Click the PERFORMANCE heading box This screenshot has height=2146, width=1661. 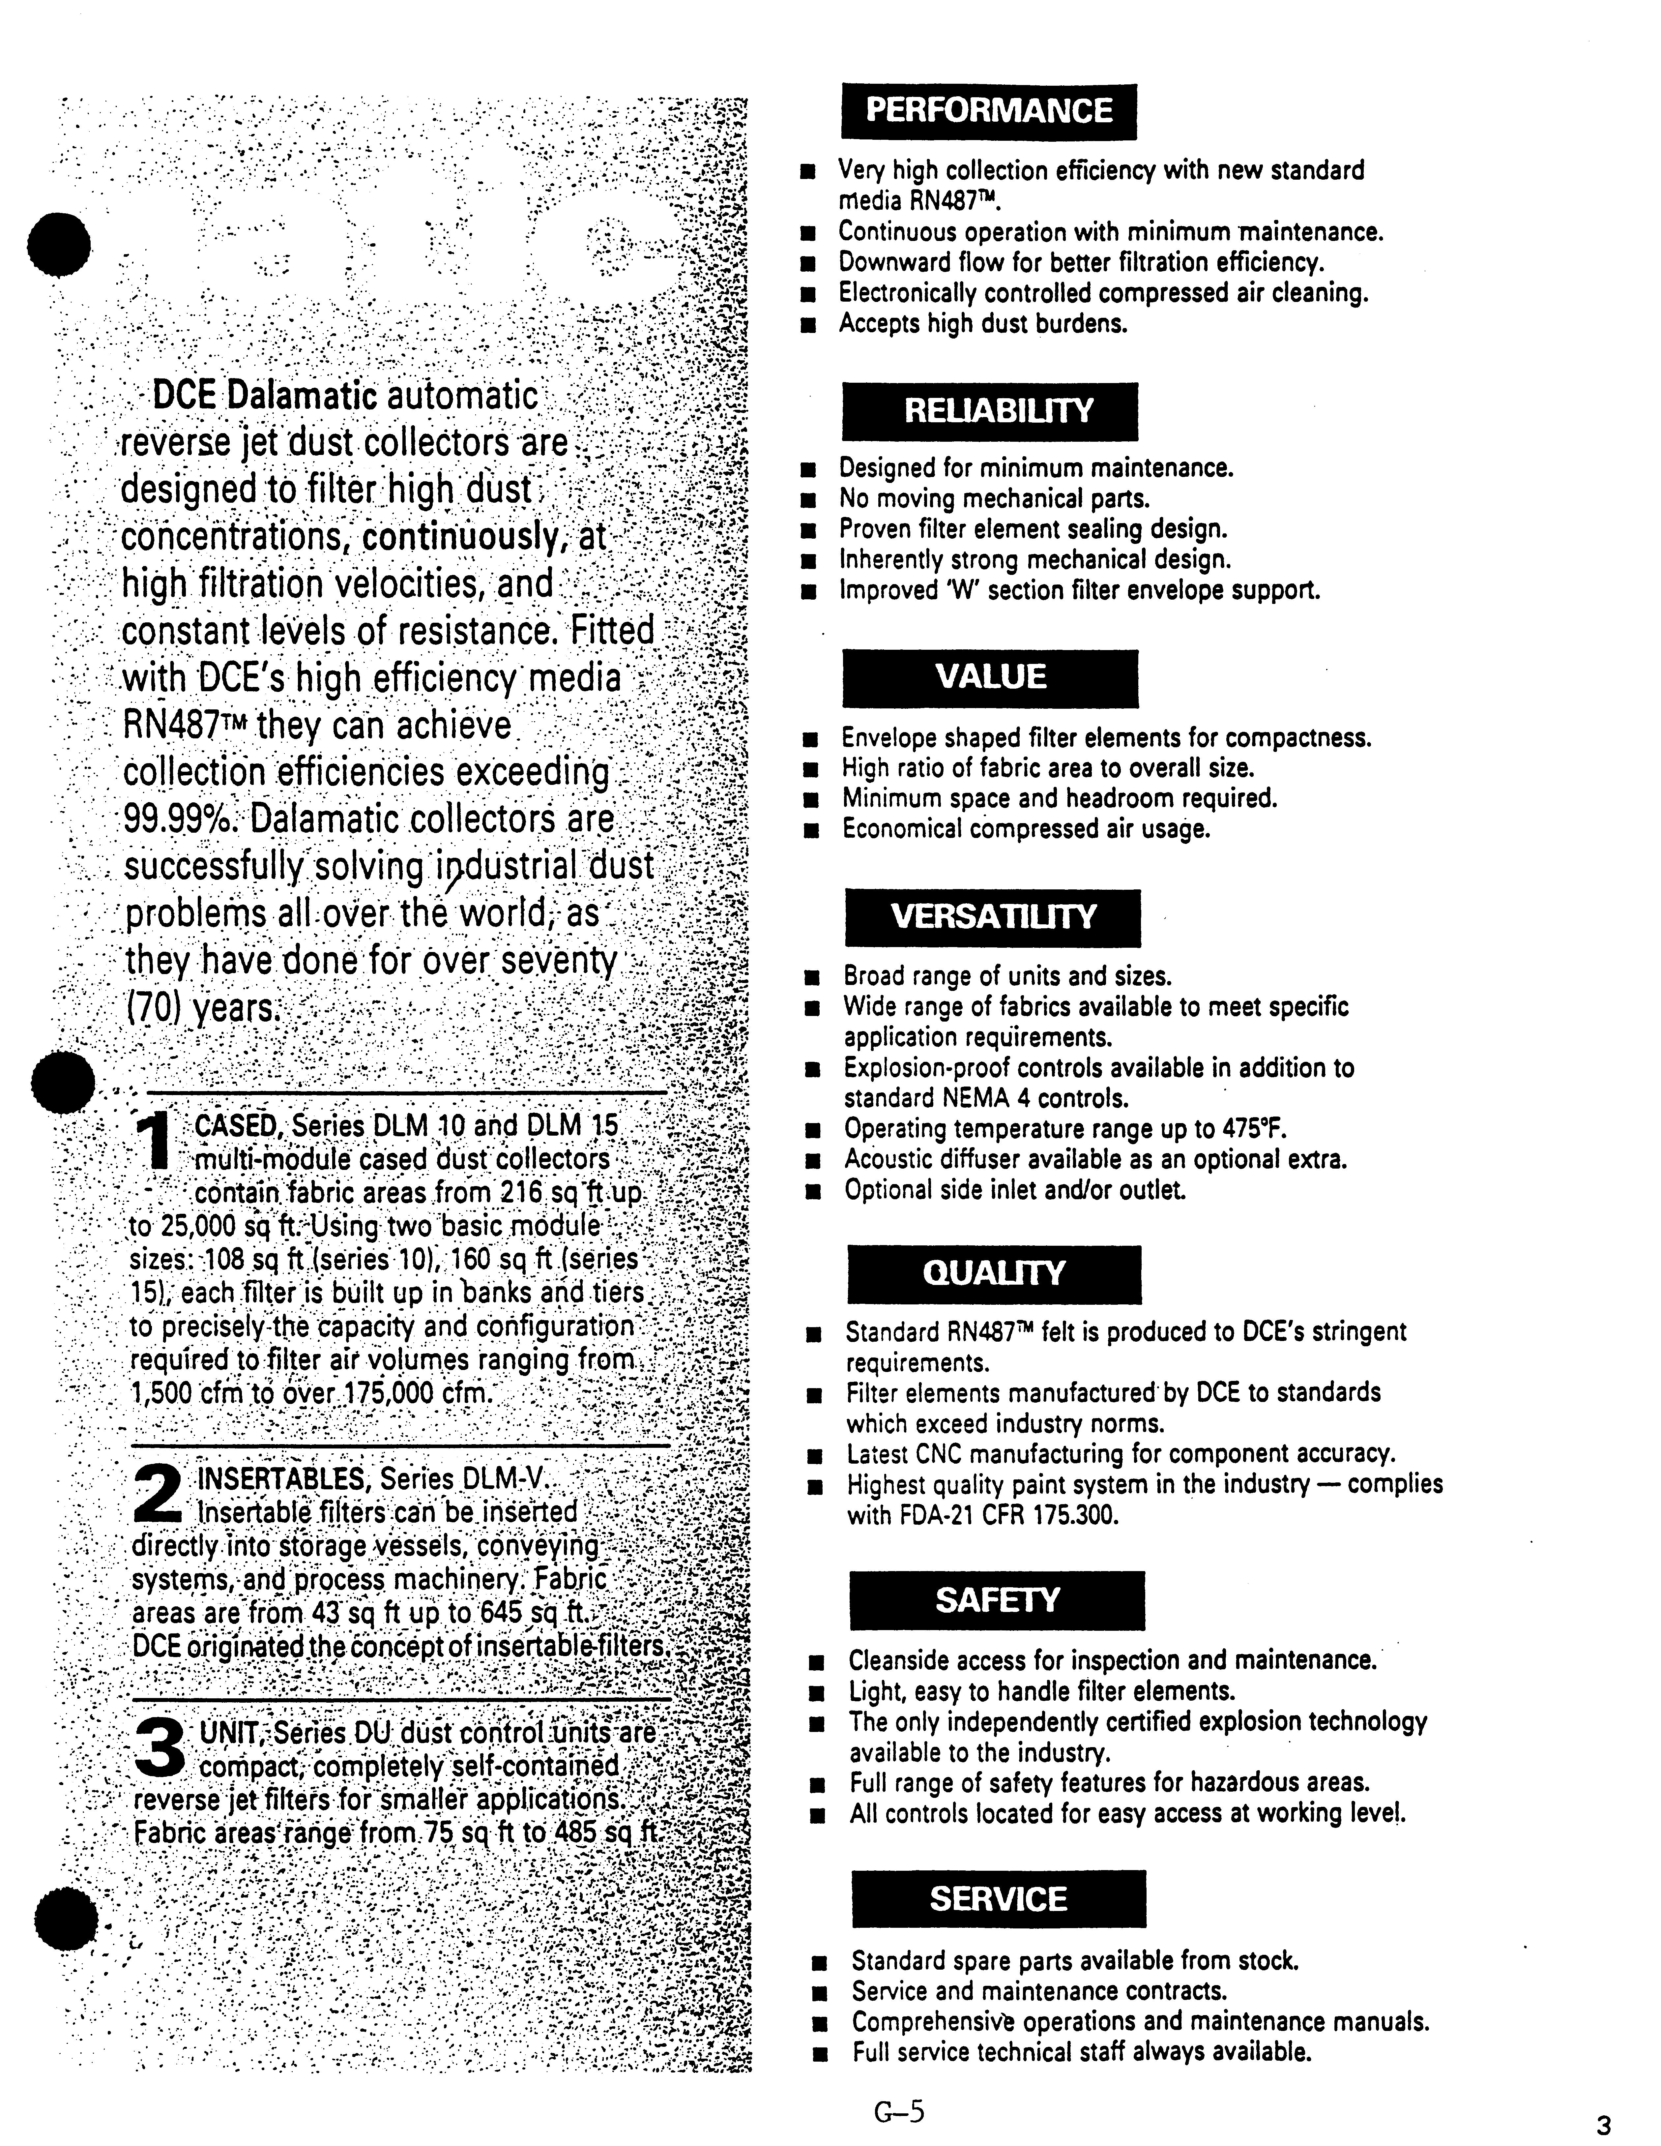pos(988,111)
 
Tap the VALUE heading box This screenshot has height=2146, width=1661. pos(990,678)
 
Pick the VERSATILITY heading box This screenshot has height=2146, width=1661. pos(992,918)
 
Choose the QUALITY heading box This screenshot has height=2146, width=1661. pos(994,1274)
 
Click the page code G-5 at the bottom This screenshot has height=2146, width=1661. pos(899,2109)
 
